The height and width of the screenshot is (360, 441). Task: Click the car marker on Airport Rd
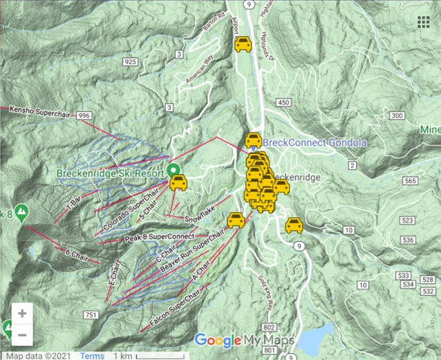pyautogui.click(x=243, y=45)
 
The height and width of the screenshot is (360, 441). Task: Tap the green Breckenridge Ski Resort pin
pyautogui.click(x=173, y=169)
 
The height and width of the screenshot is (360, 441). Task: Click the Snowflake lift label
pyautogui.click(x=197, y=218)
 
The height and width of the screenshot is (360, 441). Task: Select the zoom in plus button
pyautogui.click(x=22, y=313)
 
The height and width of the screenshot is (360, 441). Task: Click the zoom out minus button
pyautogui.click(x=22, y=335)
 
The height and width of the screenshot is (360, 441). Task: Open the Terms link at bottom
pyautogui.click(x=92, y=356)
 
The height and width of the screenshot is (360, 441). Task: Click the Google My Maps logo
pyautogui.click(x=244, y=340)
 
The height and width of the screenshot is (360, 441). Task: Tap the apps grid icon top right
pyautogui.click(x=424, y=22)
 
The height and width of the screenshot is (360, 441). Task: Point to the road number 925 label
pyautogui.click(x=130, y=62)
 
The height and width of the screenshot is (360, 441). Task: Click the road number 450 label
pyautogui.click(x=283, y=102)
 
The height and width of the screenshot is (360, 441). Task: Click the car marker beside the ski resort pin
pyautogui.click(x=178, y=183)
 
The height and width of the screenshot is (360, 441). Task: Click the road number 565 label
pyautogui.click(x=411, y=181)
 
